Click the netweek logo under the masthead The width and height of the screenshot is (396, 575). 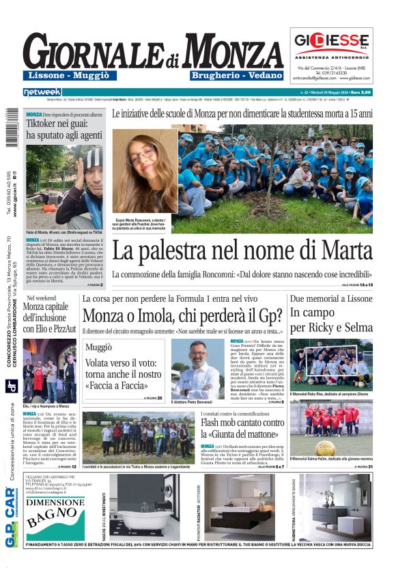(42, 92)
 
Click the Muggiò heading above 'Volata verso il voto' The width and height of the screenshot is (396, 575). (99, 348)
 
